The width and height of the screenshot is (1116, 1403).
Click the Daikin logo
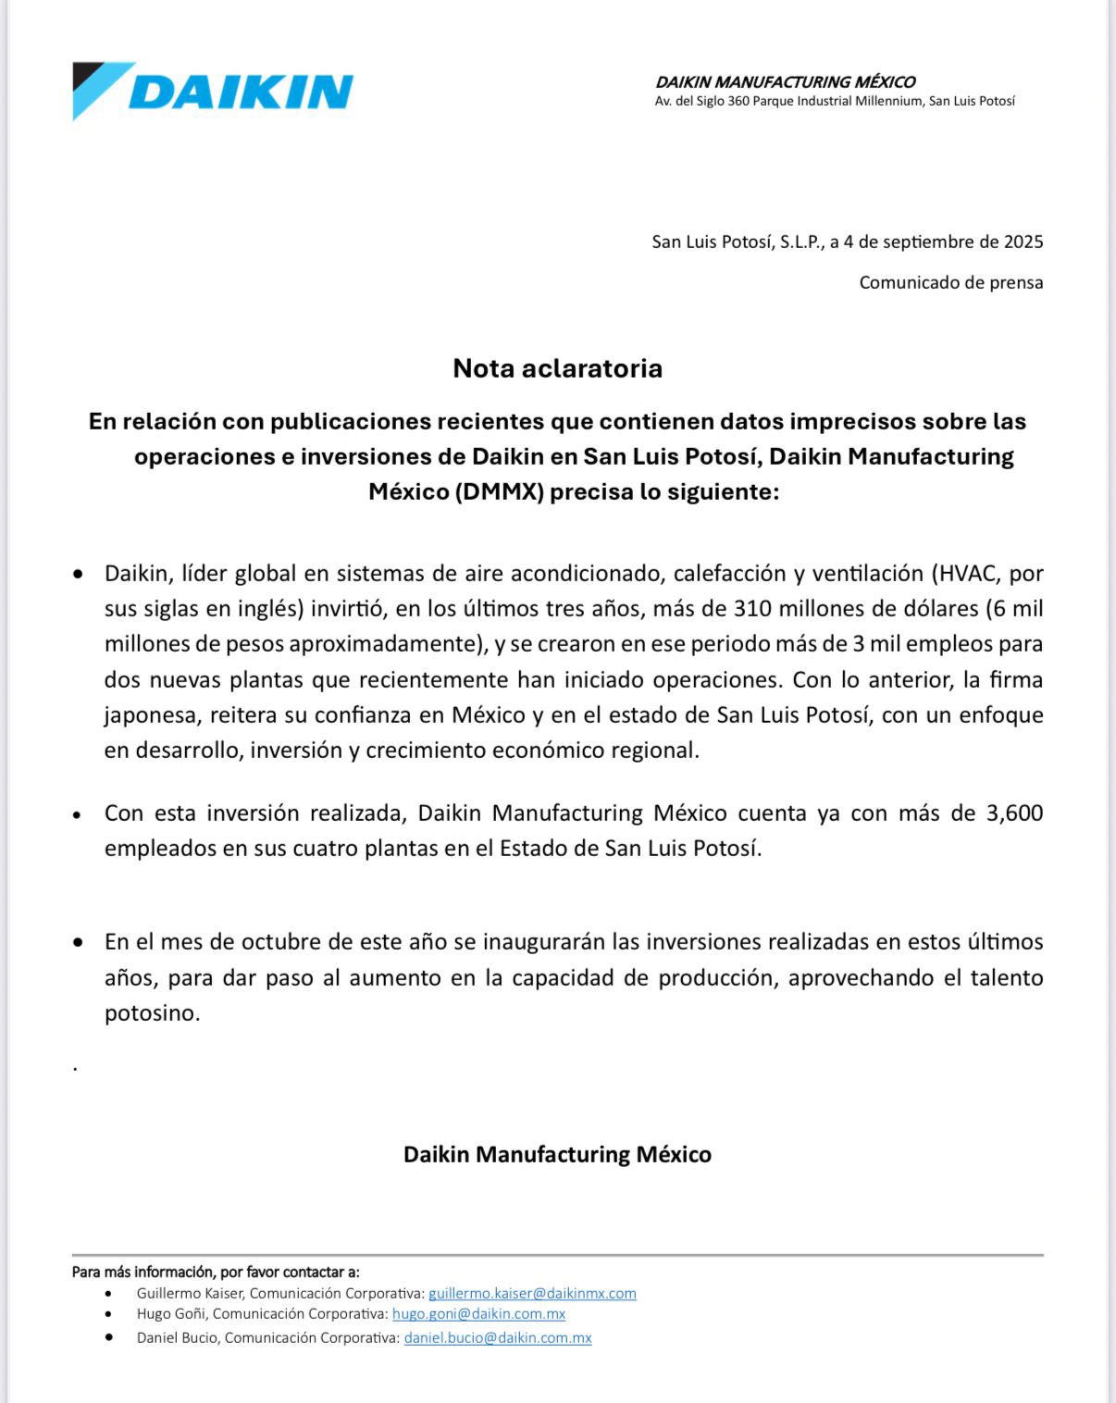click(213, 91)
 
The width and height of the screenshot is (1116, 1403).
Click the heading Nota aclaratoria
click(557, 368)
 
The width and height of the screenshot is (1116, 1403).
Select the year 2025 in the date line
click(1023, 242)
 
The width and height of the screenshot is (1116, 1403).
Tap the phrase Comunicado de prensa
click(950, 282)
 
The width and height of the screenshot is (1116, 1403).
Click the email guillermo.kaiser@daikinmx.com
click(532, 1293)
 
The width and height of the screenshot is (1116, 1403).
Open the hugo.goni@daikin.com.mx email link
click(478, 1314)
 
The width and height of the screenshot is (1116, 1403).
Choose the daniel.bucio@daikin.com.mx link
click(498, 1337)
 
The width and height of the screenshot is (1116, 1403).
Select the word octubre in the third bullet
click(274, 942)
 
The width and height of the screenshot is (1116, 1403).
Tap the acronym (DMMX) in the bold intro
click(499, 491)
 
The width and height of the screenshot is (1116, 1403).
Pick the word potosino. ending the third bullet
click(152, 1013)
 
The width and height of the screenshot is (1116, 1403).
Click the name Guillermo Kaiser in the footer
click(190, 1293)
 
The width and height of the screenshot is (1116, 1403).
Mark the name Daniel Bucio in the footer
click(177, 1337)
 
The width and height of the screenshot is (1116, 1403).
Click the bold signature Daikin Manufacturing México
click(557, 1155)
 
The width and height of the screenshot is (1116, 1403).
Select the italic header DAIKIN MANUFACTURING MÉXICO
click(785, 82)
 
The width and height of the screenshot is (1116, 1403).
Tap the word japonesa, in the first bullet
click(152, 715)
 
